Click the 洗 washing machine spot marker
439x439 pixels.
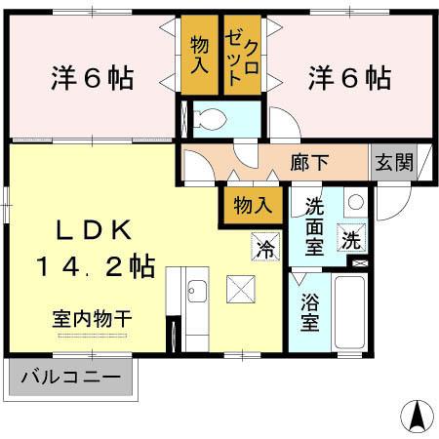click(x=349, y=236)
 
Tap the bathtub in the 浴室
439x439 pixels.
click(x=348, y=312)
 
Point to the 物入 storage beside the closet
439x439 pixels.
click(x=200, y=56)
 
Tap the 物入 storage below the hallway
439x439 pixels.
click(x=245, y=205)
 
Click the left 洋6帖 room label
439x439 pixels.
click(x=93, y=76)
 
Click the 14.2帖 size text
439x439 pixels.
click(x=96, y=265)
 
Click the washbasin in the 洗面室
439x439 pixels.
click(x=354, y=203)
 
